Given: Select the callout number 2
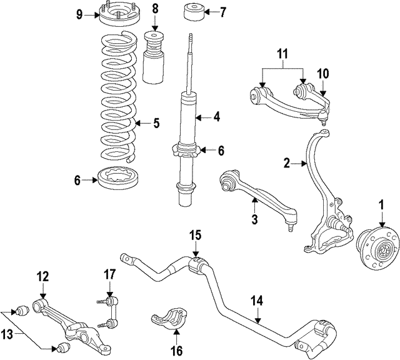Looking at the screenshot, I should tap(286, 164).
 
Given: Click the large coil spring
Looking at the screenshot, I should tap(118, 100).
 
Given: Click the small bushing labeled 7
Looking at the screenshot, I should tap(192, 12).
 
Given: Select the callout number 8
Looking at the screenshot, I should tap(155, 9).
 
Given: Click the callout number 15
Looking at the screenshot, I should tap(196, 236).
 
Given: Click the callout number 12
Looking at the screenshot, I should tap(42, 276).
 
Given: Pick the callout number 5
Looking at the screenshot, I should tap(156, 123).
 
